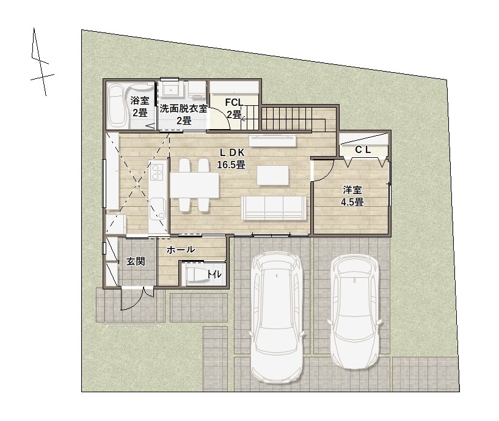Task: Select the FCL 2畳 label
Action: [x=234, y=108]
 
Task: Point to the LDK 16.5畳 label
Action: [x=231, y=158]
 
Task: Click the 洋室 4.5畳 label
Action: [x=352, y=196]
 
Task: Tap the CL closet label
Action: [x=363, y=149]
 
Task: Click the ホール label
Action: [x=181, y=250]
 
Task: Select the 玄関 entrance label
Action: [x=136, y=261]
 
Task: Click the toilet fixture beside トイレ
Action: [x=195, y=274]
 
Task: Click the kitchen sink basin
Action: [x=158, y=209]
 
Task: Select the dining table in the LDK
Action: [x=195, y=185]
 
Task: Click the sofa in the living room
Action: [x=274, y=208]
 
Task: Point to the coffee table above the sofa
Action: [x=273, y=175]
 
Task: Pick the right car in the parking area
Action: [x=355, y=311]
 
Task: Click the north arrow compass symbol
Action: [x=42, y=62]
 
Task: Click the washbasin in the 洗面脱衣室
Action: [x=172, y=89]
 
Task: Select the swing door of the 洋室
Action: [x=323, y=171]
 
